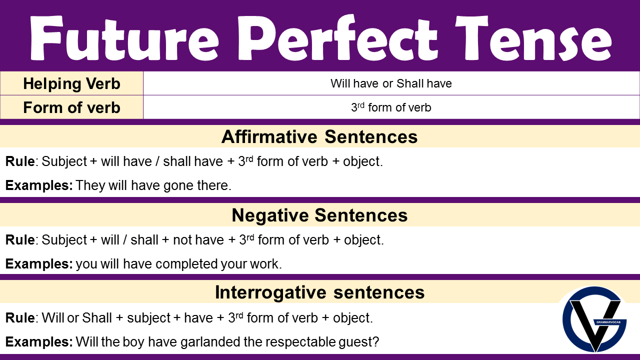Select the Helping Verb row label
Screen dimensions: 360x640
click(x=71, y=83)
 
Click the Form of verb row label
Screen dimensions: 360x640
click(x=71, y=107)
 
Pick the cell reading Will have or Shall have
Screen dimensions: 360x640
click(x=391, y=83)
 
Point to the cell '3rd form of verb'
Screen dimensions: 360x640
click(x=391, y=107)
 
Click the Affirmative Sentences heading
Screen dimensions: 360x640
click(x=319, y=136)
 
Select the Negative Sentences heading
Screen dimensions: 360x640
click(x=319, y=215)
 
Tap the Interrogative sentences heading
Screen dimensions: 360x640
click(x=319, y=292)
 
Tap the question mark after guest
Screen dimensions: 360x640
click(x=375, y=342)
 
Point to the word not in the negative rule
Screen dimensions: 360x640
click(x=182, y=240)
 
